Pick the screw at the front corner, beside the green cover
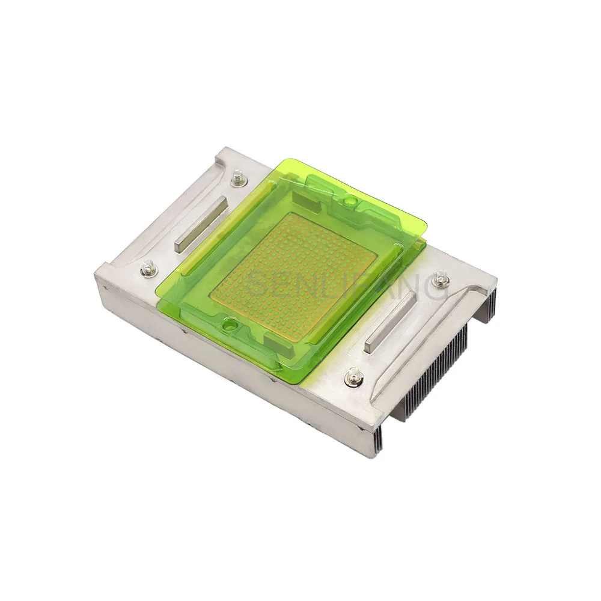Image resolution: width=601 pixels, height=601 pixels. [353, 377]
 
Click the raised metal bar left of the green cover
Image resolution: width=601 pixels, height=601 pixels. [201, 224]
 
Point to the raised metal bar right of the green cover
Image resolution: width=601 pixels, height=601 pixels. [391, 322]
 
